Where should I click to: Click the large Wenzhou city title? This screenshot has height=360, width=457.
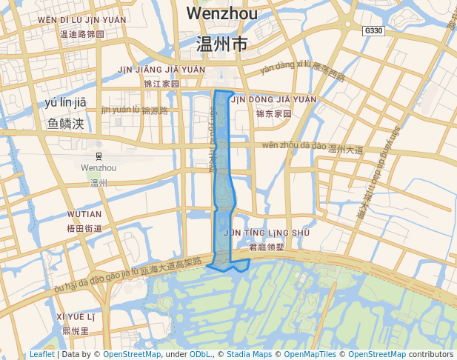[x=221, y=13]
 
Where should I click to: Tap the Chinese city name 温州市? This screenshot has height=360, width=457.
[x=221, y=44]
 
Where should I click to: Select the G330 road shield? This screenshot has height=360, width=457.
[x=373, y=31]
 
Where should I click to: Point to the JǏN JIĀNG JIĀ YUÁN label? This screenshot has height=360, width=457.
[x=161, y=70]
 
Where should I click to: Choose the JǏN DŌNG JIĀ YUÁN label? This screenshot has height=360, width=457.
[x=273, y=99]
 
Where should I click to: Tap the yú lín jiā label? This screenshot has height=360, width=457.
[x=66, y=102]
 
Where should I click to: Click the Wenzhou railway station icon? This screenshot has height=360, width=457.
[x=99, y=155]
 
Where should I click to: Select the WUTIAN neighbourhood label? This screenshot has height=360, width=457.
[x=84, y=214]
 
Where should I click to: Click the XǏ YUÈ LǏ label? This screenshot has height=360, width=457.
[x=76, y=317]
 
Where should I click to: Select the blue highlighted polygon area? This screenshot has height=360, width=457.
[x=225, y=185]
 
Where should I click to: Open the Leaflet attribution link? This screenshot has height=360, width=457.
[x=41, y=355]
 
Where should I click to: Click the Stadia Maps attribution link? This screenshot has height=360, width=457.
[x=248, y=355]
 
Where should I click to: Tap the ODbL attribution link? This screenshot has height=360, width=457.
[x=200, y=355]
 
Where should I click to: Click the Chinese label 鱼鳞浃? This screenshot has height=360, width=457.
[x=66, y=123]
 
